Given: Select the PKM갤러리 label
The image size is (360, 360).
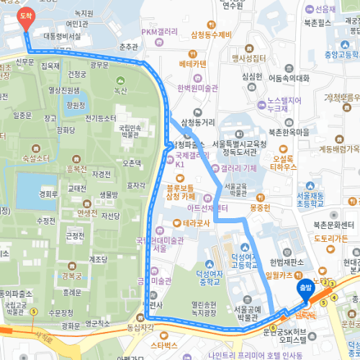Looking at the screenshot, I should [x=160, y=32].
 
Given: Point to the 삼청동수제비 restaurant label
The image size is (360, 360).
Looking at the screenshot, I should [x=211, y=35].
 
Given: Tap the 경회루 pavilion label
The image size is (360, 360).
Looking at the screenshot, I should [x=48, y=194].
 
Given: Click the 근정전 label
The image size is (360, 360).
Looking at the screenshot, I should [x=74, y=235].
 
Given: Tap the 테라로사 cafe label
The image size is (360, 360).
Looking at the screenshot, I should [x=197, y=223].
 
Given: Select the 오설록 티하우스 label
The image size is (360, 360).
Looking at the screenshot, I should [x=284, y=163].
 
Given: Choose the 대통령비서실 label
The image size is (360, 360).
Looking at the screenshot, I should [x=62, y=35].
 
